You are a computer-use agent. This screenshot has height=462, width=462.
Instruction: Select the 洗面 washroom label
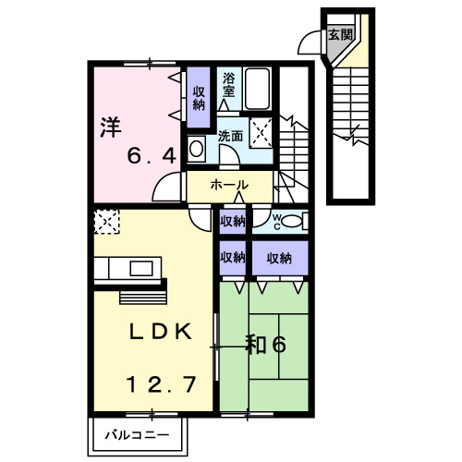pos(231,136)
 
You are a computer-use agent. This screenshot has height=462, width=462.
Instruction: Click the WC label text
pos(275,220)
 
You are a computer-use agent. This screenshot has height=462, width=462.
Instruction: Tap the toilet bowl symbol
pos(292,221)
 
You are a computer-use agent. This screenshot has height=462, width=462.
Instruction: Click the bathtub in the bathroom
pos(258,88)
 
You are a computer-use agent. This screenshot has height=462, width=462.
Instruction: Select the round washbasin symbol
pos(197,148)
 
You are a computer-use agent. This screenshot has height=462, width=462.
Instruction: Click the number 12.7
pos(160,383)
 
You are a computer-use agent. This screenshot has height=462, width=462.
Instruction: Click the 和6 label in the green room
pos(265,344)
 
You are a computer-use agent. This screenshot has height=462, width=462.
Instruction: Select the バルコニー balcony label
pos(136,432)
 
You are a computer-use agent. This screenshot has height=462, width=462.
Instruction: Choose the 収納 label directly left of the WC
pos(232,221)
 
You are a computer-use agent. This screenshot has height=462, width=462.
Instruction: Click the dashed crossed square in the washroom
pos(262,133)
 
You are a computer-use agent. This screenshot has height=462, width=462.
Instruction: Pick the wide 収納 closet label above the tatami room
pos(279,257)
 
